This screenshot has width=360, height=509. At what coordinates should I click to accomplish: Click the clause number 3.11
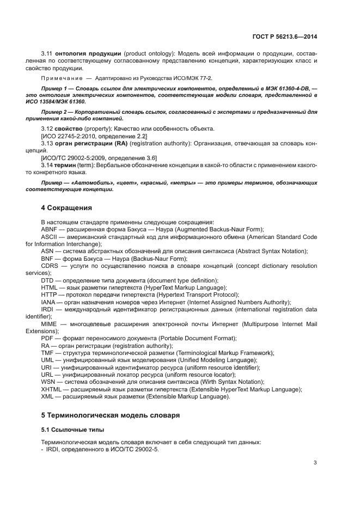pyautogui.click(x=47, y=53)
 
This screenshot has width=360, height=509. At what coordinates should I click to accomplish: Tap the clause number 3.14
pyautogui.click(x=47, y=164)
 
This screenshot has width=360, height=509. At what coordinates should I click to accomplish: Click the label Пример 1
pyautogui.click(x=55, y=88)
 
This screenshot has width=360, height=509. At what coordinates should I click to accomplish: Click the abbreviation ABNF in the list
pyautogui.click(x=49, y=230)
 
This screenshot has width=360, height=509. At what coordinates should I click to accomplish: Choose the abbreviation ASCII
pyautogui.click(x=49, y=237)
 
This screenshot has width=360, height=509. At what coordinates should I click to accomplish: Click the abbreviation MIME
pyautogui.click(x=49, y=323)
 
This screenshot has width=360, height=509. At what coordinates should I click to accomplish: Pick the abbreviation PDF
pyautogui.click(x=47, y=338)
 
